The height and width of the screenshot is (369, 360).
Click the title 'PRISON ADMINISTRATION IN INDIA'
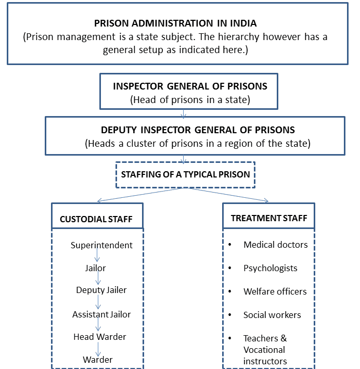(x=175, y=23)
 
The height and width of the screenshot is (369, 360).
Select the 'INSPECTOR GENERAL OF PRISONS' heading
(x=190, y=86)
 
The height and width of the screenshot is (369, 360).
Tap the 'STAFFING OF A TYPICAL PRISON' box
(x=185, y=175)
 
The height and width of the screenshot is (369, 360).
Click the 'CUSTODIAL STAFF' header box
(x=97, y=216)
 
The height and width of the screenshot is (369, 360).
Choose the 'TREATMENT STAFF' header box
(x=268, y=216)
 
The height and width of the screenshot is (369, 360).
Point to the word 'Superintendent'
(x=101, y=245)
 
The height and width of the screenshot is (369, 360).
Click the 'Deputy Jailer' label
(x=101, y=290)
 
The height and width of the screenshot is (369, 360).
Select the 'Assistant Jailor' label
(x=101, y=314)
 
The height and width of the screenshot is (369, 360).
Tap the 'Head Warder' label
(x=100, y=337)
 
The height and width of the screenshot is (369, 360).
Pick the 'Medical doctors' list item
(x=276, y=245)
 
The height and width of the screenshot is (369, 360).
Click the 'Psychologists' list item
(x=271, y=268)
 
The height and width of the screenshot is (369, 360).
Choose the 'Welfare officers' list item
(x=275, y=291)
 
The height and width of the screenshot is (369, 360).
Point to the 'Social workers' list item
(x=272, y=315)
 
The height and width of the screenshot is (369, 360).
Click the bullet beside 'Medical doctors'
(x=230, y=245)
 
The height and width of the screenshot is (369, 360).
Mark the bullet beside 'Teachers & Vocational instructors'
(x=230, y=338)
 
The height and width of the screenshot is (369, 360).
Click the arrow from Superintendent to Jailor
(x=97, y=255)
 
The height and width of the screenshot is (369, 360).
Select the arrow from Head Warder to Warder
(x=98, y=349)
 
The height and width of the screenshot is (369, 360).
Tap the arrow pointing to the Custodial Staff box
(x=141, y=195)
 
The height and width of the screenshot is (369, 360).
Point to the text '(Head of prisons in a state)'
(x=190, y=100)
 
